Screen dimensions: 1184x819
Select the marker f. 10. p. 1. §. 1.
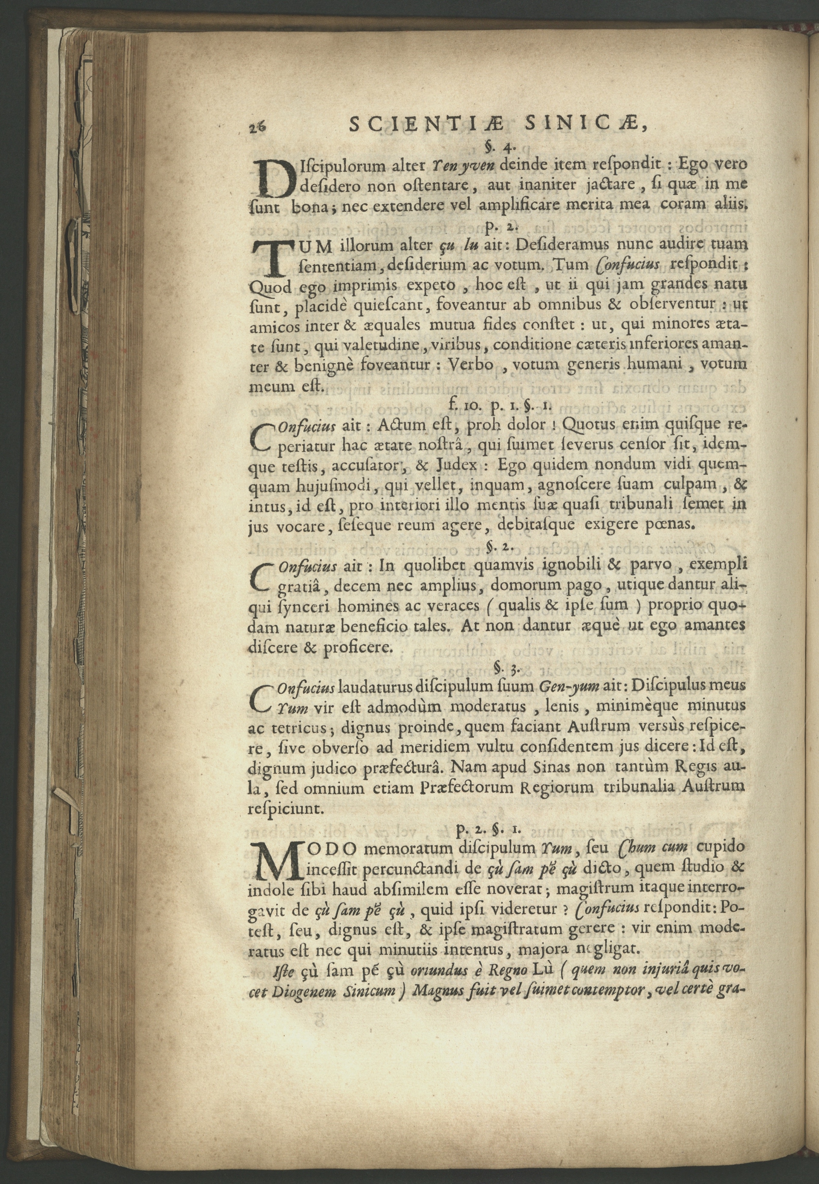coord(498,406)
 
